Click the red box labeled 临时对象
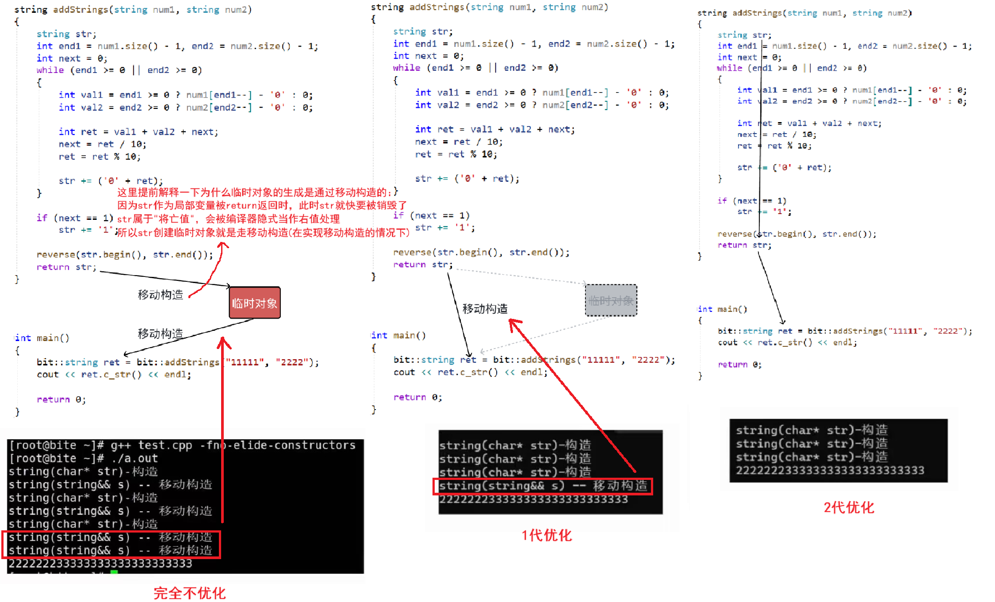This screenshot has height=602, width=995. point(255,303)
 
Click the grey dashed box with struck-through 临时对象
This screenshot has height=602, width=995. point(611,301)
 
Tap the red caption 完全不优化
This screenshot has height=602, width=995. point(189,593)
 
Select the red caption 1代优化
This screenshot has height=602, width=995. point(547,536)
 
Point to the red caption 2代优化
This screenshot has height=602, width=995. point(849,507)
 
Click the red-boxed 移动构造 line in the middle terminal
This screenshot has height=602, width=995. point(543,486)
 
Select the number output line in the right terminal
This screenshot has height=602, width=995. point(830,470)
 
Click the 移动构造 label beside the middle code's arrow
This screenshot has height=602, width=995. point(485,309)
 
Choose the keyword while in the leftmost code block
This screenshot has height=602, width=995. point(50,70)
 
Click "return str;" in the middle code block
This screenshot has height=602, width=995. point(423,265)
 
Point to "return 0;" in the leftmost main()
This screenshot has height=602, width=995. point(61,399)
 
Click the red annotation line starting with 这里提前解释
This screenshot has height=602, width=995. point(254,192)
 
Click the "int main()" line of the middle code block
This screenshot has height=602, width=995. point(398,335)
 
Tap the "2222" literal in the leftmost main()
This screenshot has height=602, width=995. point(292,362)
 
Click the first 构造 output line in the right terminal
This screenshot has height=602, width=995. point(811,430)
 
